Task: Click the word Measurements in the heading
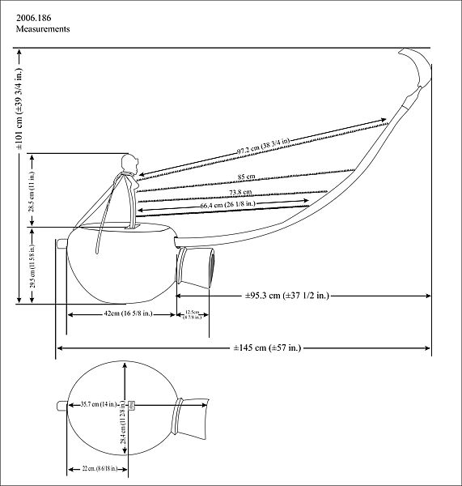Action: [x=43, y=28]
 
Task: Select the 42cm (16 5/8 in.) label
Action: [x=121, y=313]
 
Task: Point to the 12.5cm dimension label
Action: [x=193, y=314]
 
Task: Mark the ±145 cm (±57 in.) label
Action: [x=267, y=348]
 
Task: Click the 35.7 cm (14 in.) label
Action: [x=100, y=403]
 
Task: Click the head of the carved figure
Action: [x=126, y=163]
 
